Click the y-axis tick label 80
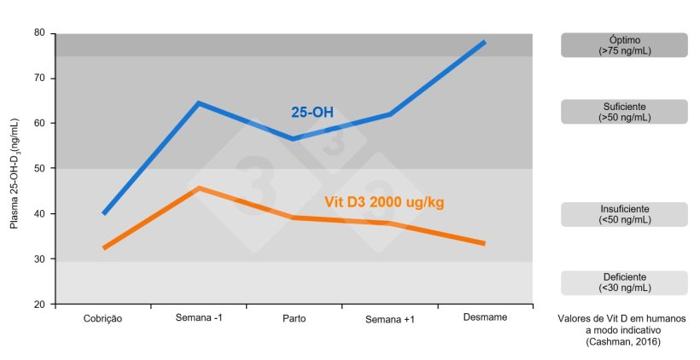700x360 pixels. (39, 32)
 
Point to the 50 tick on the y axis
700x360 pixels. (39, 168)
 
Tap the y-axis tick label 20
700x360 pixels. (39, 304)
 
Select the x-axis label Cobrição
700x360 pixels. (103, 318)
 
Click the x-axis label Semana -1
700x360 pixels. (199, 318)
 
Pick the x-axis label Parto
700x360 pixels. (295, 318)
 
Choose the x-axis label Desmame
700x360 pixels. (485, 317)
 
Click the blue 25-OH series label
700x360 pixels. (312, 112)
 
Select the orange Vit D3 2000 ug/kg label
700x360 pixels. (384, 202)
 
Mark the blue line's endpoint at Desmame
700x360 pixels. (485, 42)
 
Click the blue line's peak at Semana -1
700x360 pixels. (198, 103)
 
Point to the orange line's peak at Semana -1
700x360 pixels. (198, 188)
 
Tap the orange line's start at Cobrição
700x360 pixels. (103, 248)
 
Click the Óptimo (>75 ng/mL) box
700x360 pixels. (624, 45)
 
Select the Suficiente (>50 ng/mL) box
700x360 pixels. (624, 112)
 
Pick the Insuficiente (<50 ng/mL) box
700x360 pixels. (624, 214)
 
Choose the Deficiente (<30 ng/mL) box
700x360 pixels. (624, 282)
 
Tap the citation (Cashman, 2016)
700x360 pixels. (623, 342)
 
